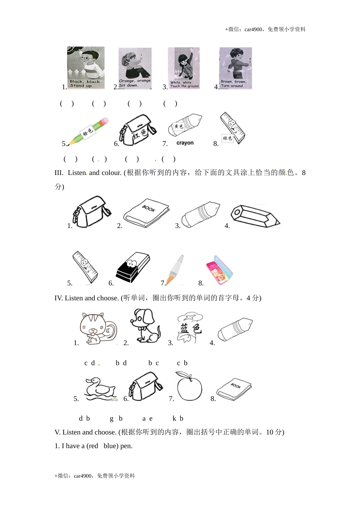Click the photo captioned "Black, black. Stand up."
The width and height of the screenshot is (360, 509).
(x=86, y=68)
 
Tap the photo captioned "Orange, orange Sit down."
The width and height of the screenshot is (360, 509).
(x=135, y=68)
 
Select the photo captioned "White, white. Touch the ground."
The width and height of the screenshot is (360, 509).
(x=184, y=68)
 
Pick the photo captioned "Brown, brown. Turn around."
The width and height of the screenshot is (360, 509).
(x=236, y=68)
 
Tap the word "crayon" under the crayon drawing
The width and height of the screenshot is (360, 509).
(x=185, y=143)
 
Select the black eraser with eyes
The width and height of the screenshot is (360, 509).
(x=132, y=268)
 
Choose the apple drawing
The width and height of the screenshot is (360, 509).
(x=189, y=386)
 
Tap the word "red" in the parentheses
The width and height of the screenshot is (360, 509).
(x=93, y=446)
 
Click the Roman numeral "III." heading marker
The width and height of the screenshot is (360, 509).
(x=59, y=173)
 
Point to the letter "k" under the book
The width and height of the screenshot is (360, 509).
(x=174, y=418)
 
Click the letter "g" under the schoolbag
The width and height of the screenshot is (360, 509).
(x=112, y=418)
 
